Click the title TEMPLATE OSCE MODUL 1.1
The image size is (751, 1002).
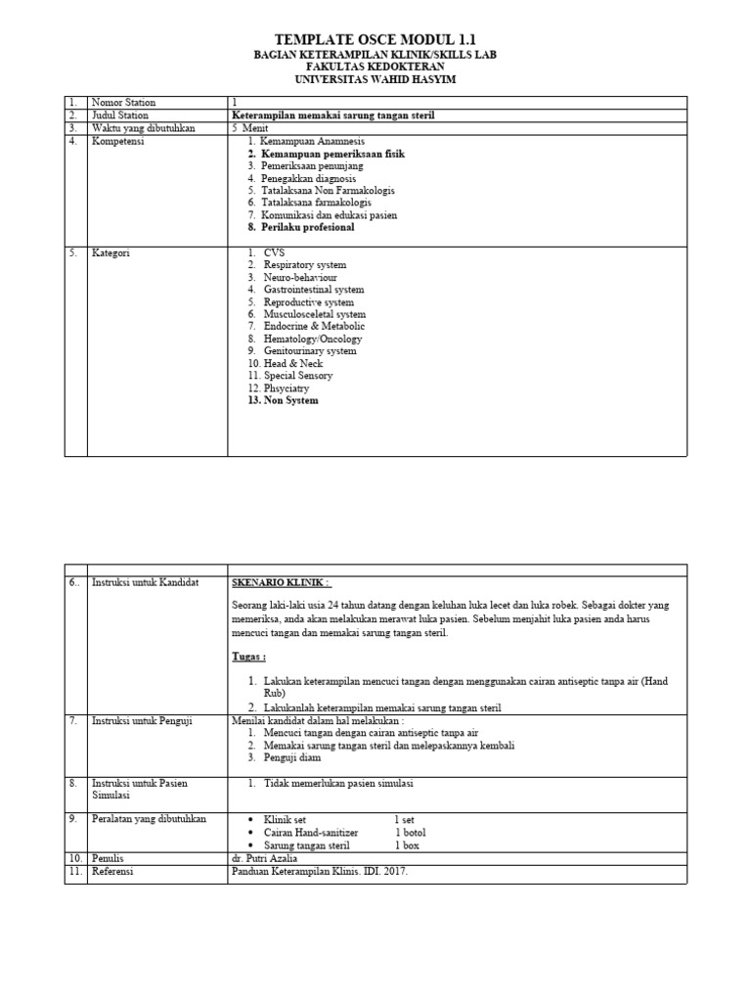[x=375, y=38]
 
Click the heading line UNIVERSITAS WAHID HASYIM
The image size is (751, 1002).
[x=375, y=79]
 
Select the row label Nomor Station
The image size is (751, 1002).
[x=123, y=103]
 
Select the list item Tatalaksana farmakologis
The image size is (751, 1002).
[x=316, y=203]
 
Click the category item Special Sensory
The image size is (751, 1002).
[x=297, y=376]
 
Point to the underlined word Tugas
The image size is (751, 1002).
[x=249, y=657]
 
